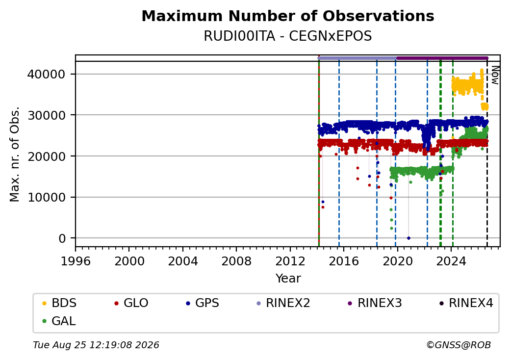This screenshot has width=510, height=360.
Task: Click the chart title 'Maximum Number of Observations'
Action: click(x=288, y=16)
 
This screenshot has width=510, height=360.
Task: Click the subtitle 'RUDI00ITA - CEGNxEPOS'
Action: click(x=288, y=36)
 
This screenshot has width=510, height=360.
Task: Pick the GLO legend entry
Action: click(x=131, y=303)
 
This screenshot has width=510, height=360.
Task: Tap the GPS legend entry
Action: click(x=203, y=303)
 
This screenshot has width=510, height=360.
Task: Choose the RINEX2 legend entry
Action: click(x=283, y=303)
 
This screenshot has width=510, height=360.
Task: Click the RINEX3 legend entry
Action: click(x=375, y=303)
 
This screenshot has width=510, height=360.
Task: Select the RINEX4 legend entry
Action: click(x=466, y=303)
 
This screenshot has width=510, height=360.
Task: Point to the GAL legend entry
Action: click(x=59, y=321)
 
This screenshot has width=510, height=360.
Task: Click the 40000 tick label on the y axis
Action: click(x=46, y=75)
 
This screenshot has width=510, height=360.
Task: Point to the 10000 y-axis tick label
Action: click(x=46, y=197)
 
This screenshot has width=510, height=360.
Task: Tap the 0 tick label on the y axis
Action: click(x=62, y=238)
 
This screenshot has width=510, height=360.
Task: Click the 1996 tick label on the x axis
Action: click(x=76, y=261)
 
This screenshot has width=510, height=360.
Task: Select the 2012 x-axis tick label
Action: click(x=290, y=261)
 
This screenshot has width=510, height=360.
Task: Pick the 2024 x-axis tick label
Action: click(x=451, y=261)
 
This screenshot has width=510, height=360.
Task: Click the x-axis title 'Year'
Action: click(x=288, y=279)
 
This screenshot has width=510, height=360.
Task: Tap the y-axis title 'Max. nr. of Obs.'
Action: click(x=15, y=154)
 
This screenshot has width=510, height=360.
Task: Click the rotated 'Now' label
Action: click(x=495, y=76)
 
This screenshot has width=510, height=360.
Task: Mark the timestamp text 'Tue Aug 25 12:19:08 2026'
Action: click(x=96, y=345)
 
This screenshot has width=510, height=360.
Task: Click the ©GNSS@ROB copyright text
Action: click(x=459, y=345)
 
